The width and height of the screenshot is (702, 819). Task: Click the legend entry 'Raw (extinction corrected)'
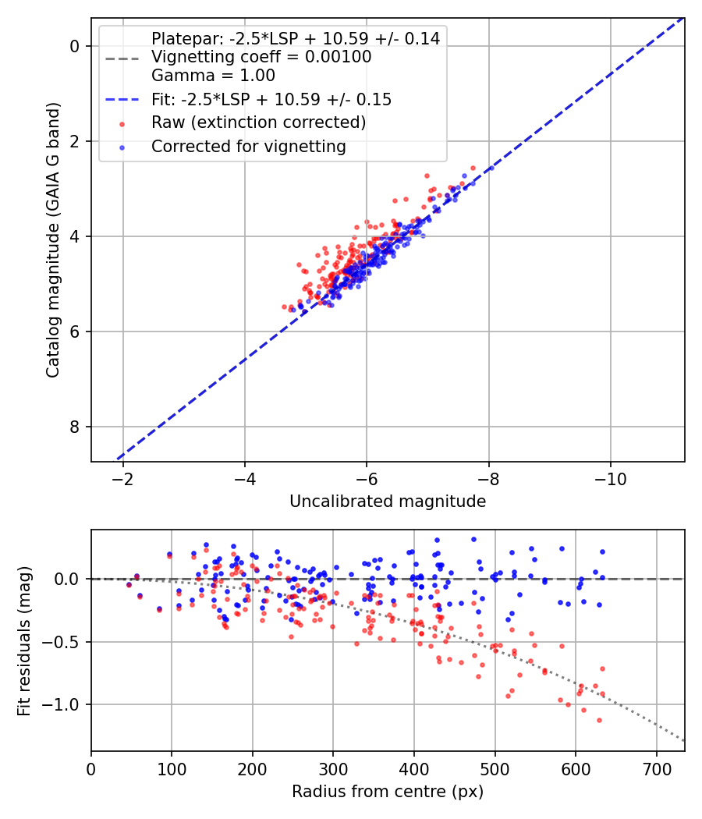pos(258,122)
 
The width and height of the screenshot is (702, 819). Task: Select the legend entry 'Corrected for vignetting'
pos(248,146)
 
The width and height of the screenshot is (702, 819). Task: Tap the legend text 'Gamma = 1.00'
pos(213,76)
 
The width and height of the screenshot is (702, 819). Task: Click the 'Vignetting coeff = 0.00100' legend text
pos(261,57)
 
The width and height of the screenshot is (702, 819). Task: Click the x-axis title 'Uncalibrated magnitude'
pos(388,502)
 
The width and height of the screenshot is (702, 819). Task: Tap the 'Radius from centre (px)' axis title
pos(388,792)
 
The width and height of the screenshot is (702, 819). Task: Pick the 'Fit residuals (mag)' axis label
pos(24,640)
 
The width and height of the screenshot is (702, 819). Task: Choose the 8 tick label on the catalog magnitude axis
pos(75,427)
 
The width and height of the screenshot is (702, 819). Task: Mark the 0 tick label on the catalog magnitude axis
pos(75,46)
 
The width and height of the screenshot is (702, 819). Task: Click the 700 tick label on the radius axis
pos(656,768)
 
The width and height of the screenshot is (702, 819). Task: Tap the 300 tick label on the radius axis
pos(333,768)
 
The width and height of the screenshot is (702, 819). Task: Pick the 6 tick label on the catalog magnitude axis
pos(75,331)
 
